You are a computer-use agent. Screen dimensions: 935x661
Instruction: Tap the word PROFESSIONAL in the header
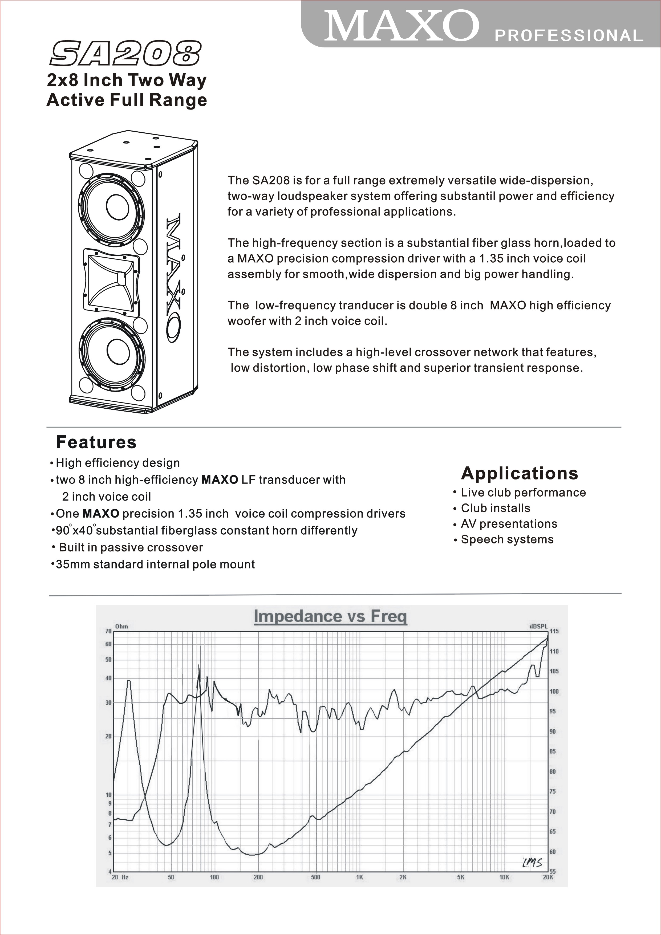point(569,36)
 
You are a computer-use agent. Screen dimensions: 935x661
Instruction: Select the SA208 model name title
point(125,53)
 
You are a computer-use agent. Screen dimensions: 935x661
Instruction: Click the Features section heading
point(96,442)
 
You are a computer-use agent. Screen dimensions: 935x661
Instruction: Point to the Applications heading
point(519,473)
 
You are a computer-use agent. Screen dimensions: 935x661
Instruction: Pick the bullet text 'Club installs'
point(495,508)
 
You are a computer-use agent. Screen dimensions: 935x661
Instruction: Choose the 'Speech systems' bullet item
point(507,540)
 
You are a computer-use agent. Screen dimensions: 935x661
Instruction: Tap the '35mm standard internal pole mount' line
point(155,564)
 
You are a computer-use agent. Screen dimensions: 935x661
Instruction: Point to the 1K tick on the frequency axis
point(359,877)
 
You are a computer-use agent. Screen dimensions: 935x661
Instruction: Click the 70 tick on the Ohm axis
point(108,631)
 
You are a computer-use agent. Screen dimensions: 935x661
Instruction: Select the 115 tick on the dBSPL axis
point(554,631)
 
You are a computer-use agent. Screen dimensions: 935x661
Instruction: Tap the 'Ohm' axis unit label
point(121,626)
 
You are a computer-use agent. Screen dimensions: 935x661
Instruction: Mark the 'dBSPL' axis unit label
point(538,626)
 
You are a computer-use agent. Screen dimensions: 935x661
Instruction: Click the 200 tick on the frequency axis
point(258,877)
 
